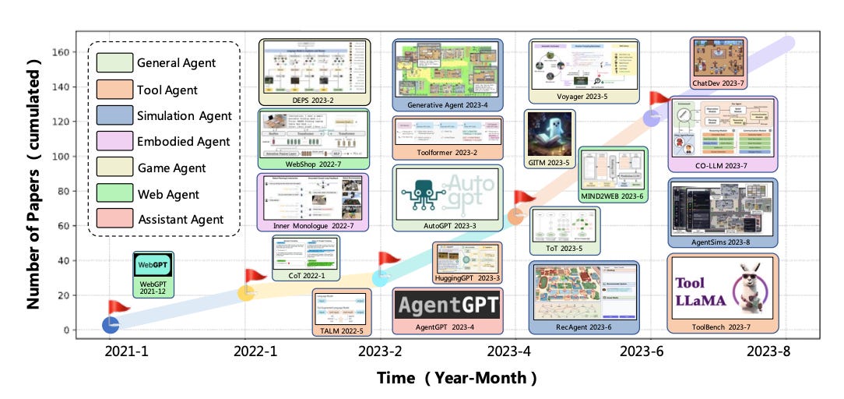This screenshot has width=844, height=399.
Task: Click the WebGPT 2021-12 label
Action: point(153,288)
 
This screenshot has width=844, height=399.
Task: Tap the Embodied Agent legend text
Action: point(183,141)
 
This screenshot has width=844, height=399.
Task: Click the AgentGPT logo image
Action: point(447,304)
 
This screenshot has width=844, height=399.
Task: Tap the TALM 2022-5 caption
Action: point(342,331)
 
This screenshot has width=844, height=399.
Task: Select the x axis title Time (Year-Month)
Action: point(457,378)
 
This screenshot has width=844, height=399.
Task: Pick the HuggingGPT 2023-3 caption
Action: point(467,277)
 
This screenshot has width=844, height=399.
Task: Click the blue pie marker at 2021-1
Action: point(111,323)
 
